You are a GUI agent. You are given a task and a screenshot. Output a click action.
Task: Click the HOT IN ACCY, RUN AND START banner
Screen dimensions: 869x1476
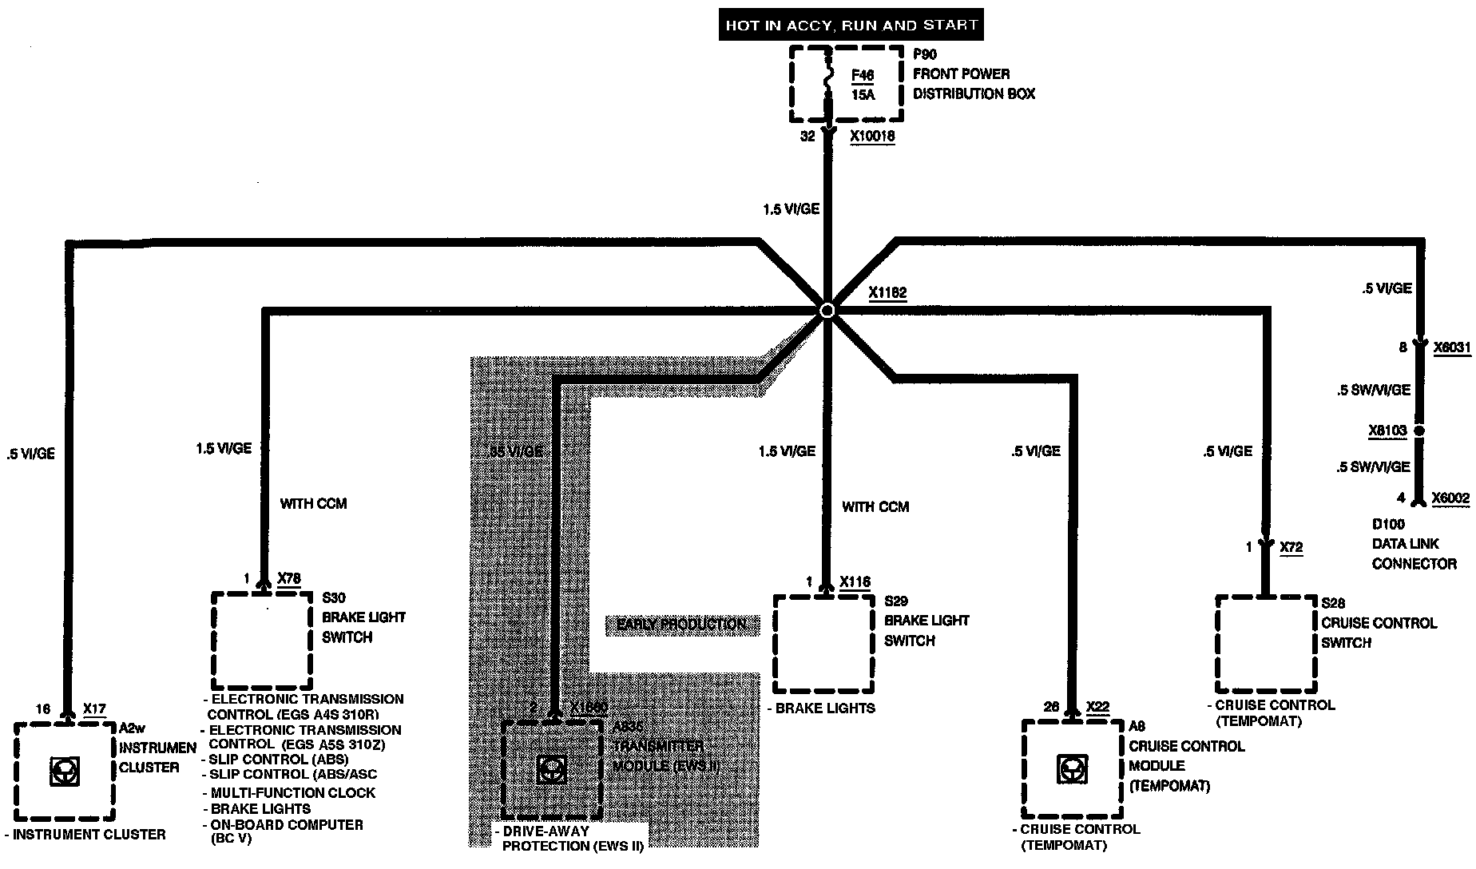point(851,25)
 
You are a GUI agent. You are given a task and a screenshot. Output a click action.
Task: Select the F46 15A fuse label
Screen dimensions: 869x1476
point(863,85)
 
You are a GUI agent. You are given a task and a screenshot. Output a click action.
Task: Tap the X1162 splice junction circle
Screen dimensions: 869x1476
point(827,311)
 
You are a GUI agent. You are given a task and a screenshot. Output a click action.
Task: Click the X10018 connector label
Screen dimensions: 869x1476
point(872,137)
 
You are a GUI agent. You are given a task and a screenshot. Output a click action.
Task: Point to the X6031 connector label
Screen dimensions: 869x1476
point(1451,347)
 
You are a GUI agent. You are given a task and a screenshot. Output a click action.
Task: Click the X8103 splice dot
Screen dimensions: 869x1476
point(1419,431)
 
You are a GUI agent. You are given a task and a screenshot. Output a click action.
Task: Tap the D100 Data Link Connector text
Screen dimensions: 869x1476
point(1414,544)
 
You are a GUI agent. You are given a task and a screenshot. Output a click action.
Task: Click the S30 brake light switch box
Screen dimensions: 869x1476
point(261,640)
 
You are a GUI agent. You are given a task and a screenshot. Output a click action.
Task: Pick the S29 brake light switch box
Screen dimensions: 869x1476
point(824,643)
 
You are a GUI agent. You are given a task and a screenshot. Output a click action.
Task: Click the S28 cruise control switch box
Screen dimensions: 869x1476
point(1266,644)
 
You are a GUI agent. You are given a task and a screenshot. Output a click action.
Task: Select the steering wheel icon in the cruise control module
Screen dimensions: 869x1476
point(1071,769)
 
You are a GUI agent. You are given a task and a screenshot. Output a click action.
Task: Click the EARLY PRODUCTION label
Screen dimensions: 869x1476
point(681,625)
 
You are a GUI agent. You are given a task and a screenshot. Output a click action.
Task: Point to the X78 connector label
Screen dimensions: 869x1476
point(289,578)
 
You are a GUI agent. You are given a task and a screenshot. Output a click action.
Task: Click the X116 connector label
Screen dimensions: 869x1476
point(855,582)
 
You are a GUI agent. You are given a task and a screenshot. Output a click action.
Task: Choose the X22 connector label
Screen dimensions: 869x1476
point(1097,707)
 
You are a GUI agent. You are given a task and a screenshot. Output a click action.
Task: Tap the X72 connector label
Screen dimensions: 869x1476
point(1291,548)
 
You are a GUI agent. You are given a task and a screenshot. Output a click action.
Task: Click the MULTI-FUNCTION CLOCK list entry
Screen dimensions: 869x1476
point(292,793)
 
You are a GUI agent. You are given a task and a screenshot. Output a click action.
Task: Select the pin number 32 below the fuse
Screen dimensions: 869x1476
point(807,137)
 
